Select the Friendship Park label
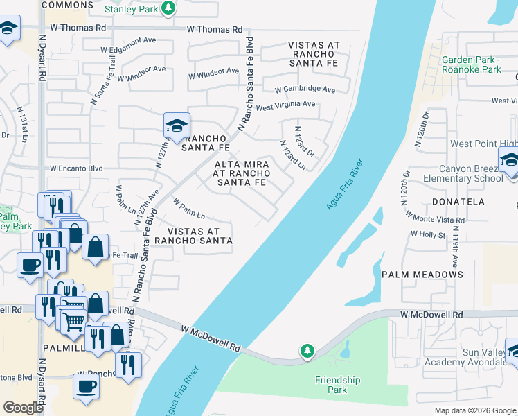click(x=338, y=385)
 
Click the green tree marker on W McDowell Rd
click(x=307, y=352)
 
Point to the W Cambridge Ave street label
click(x=305, y=89)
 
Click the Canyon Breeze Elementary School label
click(x=471, y=173)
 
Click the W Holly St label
click(x=427, y=234)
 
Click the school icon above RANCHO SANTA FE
click(x=177, y=125)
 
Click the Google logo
click(x=24, y=407)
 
